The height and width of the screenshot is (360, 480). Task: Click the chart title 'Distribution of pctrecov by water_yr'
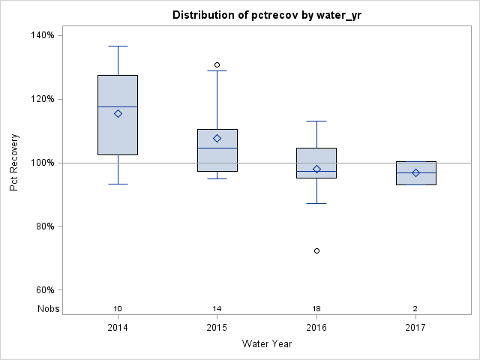pos(267,15)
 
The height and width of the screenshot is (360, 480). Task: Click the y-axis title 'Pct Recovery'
pos(14,163)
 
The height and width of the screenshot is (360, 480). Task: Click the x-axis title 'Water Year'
pos(267,343)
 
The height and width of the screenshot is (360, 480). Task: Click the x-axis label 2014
pos(118,328)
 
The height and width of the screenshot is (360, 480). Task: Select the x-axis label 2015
pos(217,328)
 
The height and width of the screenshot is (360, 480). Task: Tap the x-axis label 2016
pos(316,328)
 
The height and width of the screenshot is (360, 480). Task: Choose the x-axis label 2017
pos(415,328)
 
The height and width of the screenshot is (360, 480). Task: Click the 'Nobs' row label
pos(48,309)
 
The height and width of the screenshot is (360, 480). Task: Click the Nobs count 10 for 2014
pos(118,309)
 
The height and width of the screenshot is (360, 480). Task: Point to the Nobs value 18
pos(316,309)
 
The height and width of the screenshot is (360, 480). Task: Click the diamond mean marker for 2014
pos(118,113)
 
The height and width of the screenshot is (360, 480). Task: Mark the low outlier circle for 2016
pos(316,250)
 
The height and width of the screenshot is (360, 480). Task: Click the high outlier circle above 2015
pos(217,64)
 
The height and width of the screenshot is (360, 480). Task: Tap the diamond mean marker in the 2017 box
pos(415,172)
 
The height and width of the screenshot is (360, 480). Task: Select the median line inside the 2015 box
pos(217,148)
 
